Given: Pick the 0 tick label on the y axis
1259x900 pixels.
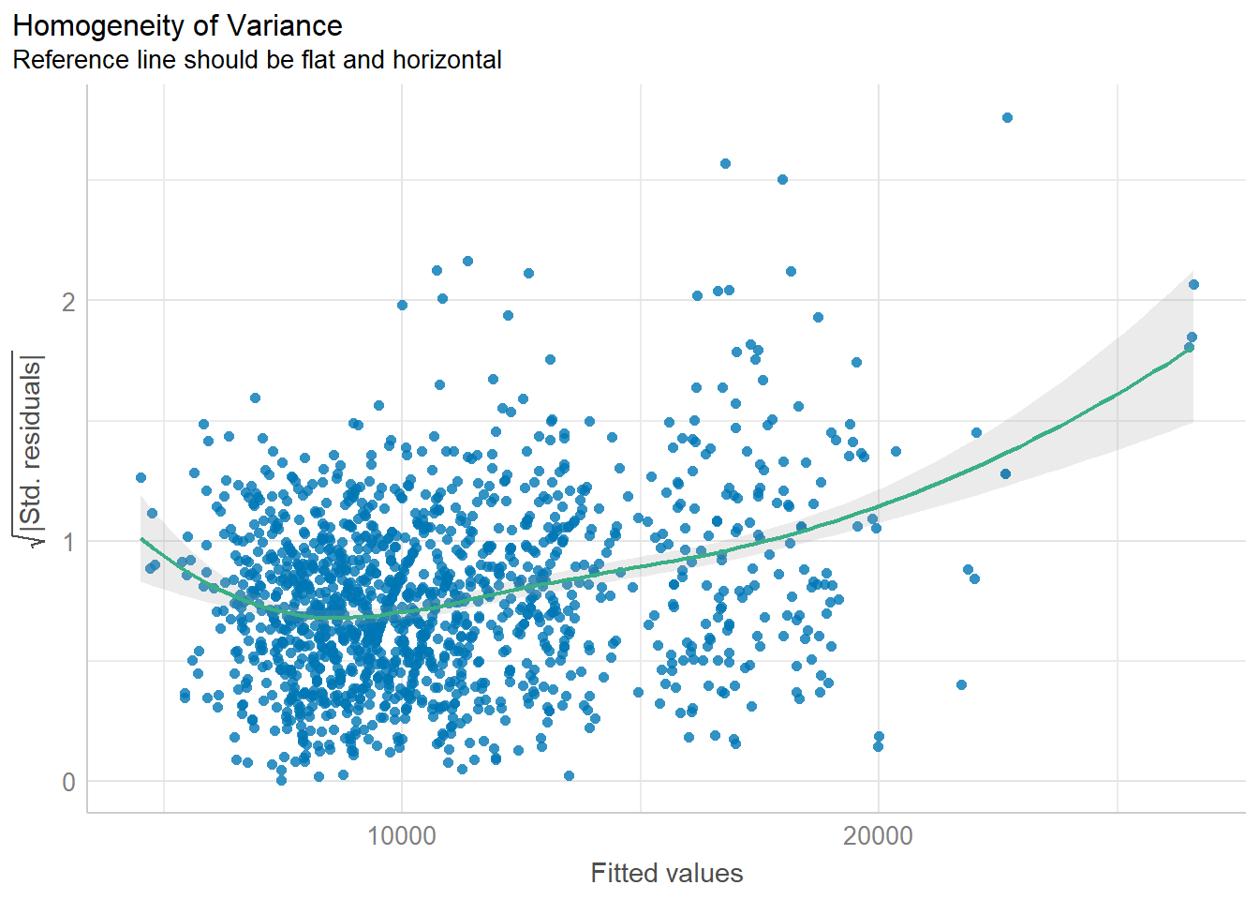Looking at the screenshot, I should click(x=68, y=782).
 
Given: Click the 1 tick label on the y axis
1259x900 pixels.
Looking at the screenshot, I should click(x=68, y=542).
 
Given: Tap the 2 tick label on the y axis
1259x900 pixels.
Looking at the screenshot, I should click(x=68, y=302).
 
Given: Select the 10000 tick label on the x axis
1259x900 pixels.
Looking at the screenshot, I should click(x=402, y=836).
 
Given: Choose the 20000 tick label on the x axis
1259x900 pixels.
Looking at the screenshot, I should click(x=878, y=836).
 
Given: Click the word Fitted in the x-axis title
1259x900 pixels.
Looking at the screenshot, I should click(x=623, y=874).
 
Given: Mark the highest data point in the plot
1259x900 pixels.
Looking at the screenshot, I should click(x=1007, y=118).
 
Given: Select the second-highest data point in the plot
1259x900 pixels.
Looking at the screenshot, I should click(x=725, y=164).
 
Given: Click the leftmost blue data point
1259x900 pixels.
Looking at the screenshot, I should click(x=141, y=478).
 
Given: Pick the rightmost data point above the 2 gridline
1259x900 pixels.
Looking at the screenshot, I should click(x=1193, y=285).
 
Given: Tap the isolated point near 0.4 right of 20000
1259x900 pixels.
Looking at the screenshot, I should click(x=961, y=685).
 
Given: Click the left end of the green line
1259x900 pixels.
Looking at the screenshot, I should click(x=141, y=539).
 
